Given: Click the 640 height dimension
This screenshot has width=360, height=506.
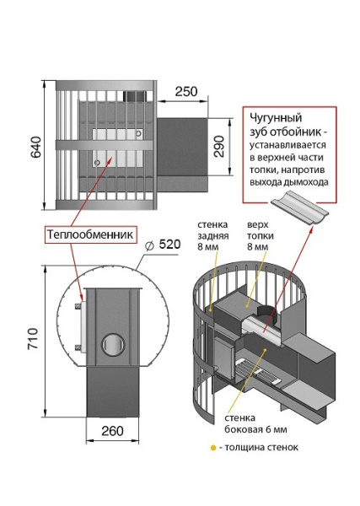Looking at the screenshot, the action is pyautogui.click(x=35, y=147).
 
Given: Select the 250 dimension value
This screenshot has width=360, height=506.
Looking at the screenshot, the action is pyautogui.click(x=186, y=91).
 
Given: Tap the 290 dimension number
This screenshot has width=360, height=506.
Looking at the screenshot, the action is pyautogui.click(x=219, y=146).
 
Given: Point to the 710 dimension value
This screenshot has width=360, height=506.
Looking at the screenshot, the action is pyautogui.click(x=33, y=338).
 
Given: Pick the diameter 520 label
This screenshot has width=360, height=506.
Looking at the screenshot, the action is pyautogui.click(x=163, y=245).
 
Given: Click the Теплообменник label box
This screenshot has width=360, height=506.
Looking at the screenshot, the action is pyautogui.click(x=90, y=234).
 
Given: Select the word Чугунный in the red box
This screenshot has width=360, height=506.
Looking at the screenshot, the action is pyautogui.click(x=276, y=118).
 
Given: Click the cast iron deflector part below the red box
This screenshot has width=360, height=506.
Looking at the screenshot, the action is pyautogui.click(x=299, y=212).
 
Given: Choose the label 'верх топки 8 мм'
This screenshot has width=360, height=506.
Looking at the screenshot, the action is pyautogui.click(x=261, y=235).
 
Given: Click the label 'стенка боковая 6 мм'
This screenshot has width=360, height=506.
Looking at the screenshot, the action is pyautogui.click(x=255, y=423).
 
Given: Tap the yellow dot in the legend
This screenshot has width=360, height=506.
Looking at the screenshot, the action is pyautogui.click(x=213, y=448).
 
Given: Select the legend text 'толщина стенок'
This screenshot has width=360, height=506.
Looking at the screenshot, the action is pyautogui.click(x=261, y=448).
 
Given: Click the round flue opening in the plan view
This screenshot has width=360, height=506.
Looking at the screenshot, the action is pyautogui.click(x=113, y=344).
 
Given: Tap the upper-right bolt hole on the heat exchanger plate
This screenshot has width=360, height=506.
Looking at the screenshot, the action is pyautogui.click(x=139, y=133).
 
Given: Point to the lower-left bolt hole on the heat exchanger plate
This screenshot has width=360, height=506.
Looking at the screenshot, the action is pyautogui.click(x=97, y=162).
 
